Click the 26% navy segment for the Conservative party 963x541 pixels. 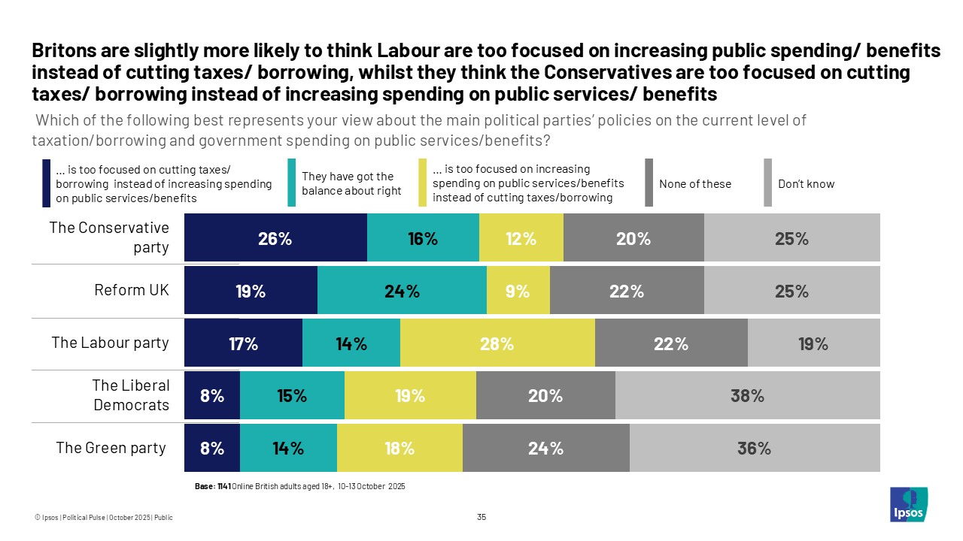coord(275,239)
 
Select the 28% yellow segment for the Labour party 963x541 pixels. coord(497,344)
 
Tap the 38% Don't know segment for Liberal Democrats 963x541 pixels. coord(747,396)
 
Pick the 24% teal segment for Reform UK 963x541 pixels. coord(402,292)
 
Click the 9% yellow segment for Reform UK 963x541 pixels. coord(518,292)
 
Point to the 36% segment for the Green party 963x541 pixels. coord(754,449)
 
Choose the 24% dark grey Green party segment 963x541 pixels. coord(545,449)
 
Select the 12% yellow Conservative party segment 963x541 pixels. coord(521,239)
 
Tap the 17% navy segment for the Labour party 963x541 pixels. coord(243,344)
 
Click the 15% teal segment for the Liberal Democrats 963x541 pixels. coord(292,396)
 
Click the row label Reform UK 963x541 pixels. coord(132,290)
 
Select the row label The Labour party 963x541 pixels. coord(110,343)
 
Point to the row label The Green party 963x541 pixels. coord(111,448)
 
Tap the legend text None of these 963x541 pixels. coord(694,184)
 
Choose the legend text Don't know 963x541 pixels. coord(806,184)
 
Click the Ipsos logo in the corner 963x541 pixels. coord(909,504)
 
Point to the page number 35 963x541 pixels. coord(481,517)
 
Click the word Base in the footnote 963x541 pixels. coord(204,487)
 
